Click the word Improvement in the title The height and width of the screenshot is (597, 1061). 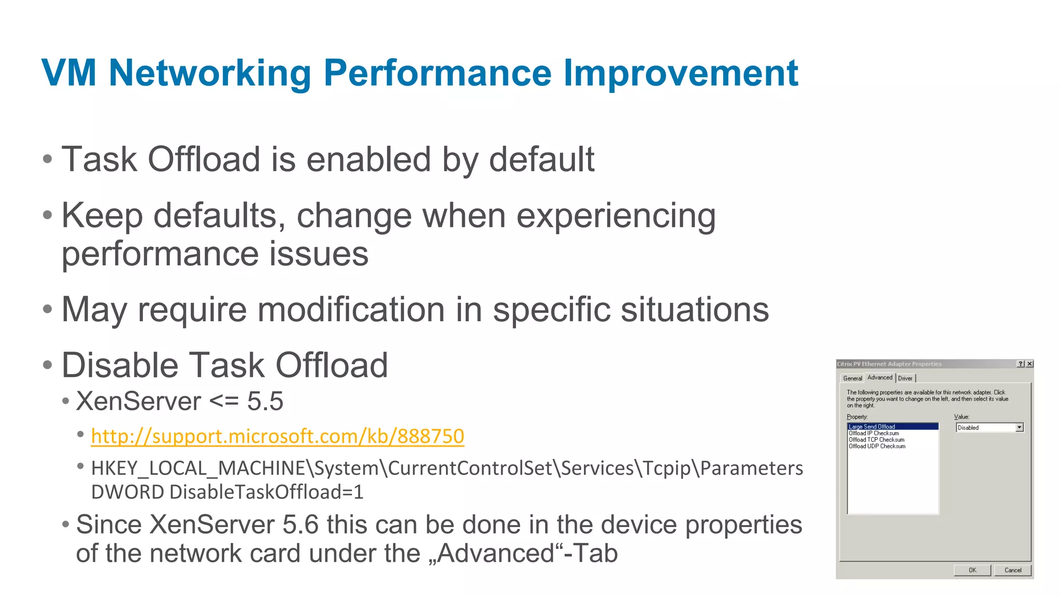680,73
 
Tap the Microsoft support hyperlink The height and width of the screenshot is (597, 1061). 277,436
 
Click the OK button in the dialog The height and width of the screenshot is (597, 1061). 972,570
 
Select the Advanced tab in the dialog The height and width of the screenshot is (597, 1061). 880,377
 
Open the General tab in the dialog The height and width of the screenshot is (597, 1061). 852,378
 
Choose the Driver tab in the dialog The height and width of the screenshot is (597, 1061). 905,378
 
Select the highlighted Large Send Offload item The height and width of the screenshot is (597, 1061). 872,427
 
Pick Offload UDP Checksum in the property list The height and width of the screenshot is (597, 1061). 877,446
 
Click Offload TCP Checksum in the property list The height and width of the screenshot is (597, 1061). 876,439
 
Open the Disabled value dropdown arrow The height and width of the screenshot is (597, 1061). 1019,428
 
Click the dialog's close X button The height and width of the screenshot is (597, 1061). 1029,364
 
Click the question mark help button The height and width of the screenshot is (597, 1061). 1021,364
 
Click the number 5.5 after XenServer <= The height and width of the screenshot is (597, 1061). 265,402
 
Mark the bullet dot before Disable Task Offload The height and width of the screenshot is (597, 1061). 48,365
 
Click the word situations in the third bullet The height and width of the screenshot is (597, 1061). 694,310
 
